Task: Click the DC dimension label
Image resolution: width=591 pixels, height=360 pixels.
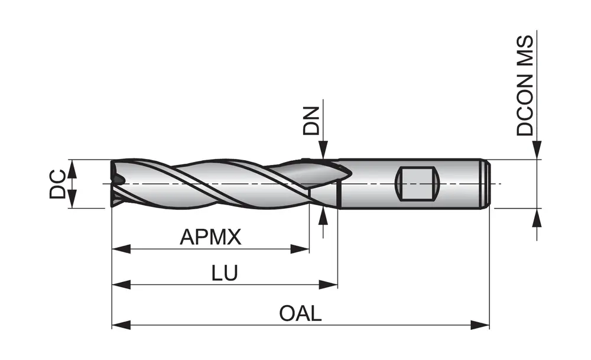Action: (x=57, y=184)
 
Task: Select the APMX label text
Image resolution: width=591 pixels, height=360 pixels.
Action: (x=210, y=238)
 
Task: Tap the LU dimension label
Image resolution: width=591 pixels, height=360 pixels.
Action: (x=225, y=273)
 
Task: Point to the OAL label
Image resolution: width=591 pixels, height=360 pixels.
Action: (x=300, y=313)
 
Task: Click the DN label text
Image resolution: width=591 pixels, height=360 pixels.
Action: (x=311, y=121)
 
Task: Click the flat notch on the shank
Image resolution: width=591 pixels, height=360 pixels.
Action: (x=417, y=184)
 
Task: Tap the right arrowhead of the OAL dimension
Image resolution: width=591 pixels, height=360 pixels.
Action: (x=481, y=325)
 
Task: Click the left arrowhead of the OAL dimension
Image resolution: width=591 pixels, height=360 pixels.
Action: (x=121, y=325)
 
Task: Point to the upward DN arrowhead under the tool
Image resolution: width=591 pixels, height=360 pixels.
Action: (x=323, y=216)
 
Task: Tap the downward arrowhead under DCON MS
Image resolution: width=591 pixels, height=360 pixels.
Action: (x=537, y=151)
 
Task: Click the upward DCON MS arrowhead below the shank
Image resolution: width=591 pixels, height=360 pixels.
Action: (x=537, y=217)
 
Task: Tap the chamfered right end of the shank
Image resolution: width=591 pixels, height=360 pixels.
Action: (x=486, y=184)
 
